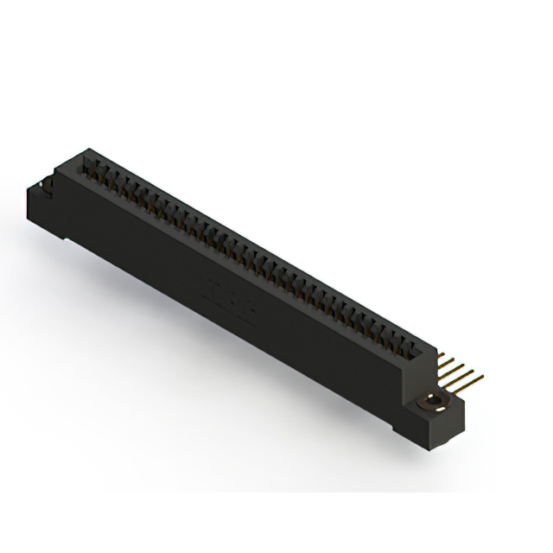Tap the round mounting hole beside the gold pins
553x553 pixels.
click(x=431, y=399)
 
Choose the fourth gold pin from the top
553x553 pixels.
click(x=456, y=373)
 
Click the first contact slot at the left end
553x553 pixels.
click(x=89, y=165)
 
